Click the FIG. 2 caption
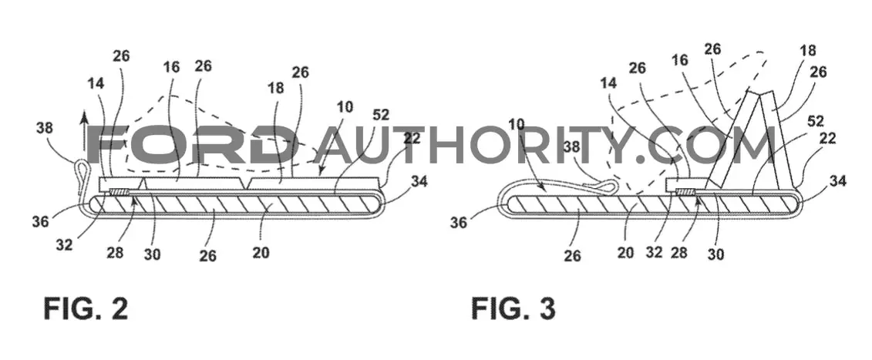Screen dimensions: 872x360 click(x=86, y=308)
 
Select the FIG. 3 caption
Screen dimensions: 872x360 click(x=513, y=308)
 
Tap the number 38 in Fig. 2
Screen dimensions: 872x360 click(x=45, y=129)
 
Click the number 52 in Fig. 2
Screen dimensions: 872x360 click(x=382, y=116)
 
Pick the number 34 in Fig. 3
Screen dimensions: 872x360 click(x=839, y=180)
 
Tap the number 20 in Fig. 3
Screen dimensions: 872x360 click(x=626, y=253)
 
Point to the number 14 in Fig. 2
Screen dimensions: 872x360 click(x=95, y=83)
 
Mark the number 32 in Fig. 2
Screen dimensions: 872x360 click(x=65, y=244)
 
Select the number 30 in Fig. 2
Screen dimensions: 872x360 click(x=152, y=254)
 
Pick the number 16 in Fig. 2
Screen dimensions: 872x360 click(x=172, y=67)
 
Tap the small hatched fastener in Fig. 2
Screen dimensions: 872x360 click(x=119, y=192)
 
